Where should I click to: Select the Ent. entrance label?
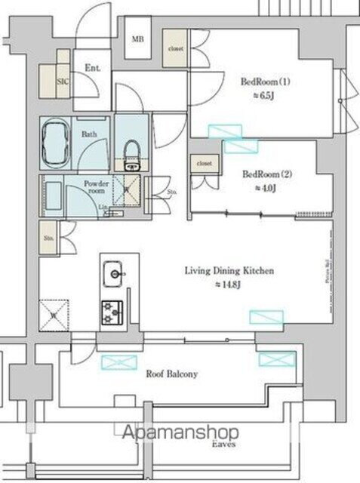93,68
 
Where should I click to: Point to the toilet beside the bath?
133,146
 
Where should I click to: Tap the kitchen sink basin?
115,272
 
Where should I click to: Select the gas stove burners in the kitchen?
114,309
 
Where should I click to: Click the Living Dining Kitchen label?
229,270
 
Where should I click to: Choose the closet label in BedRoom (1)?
175,48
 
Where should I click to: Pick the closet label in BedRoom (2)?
204,163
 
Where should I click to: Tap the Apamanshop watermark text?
181,433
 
